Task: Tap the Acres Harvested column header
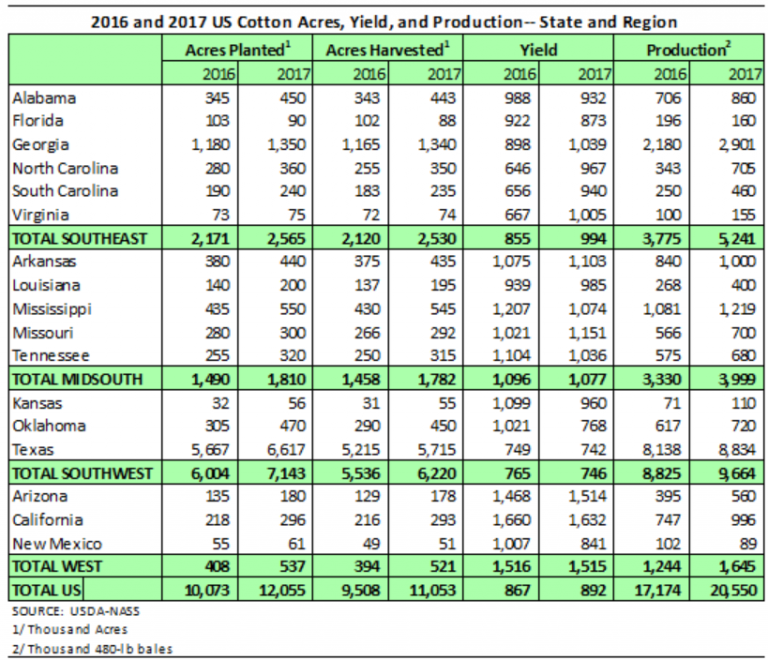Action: point(385,50)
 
